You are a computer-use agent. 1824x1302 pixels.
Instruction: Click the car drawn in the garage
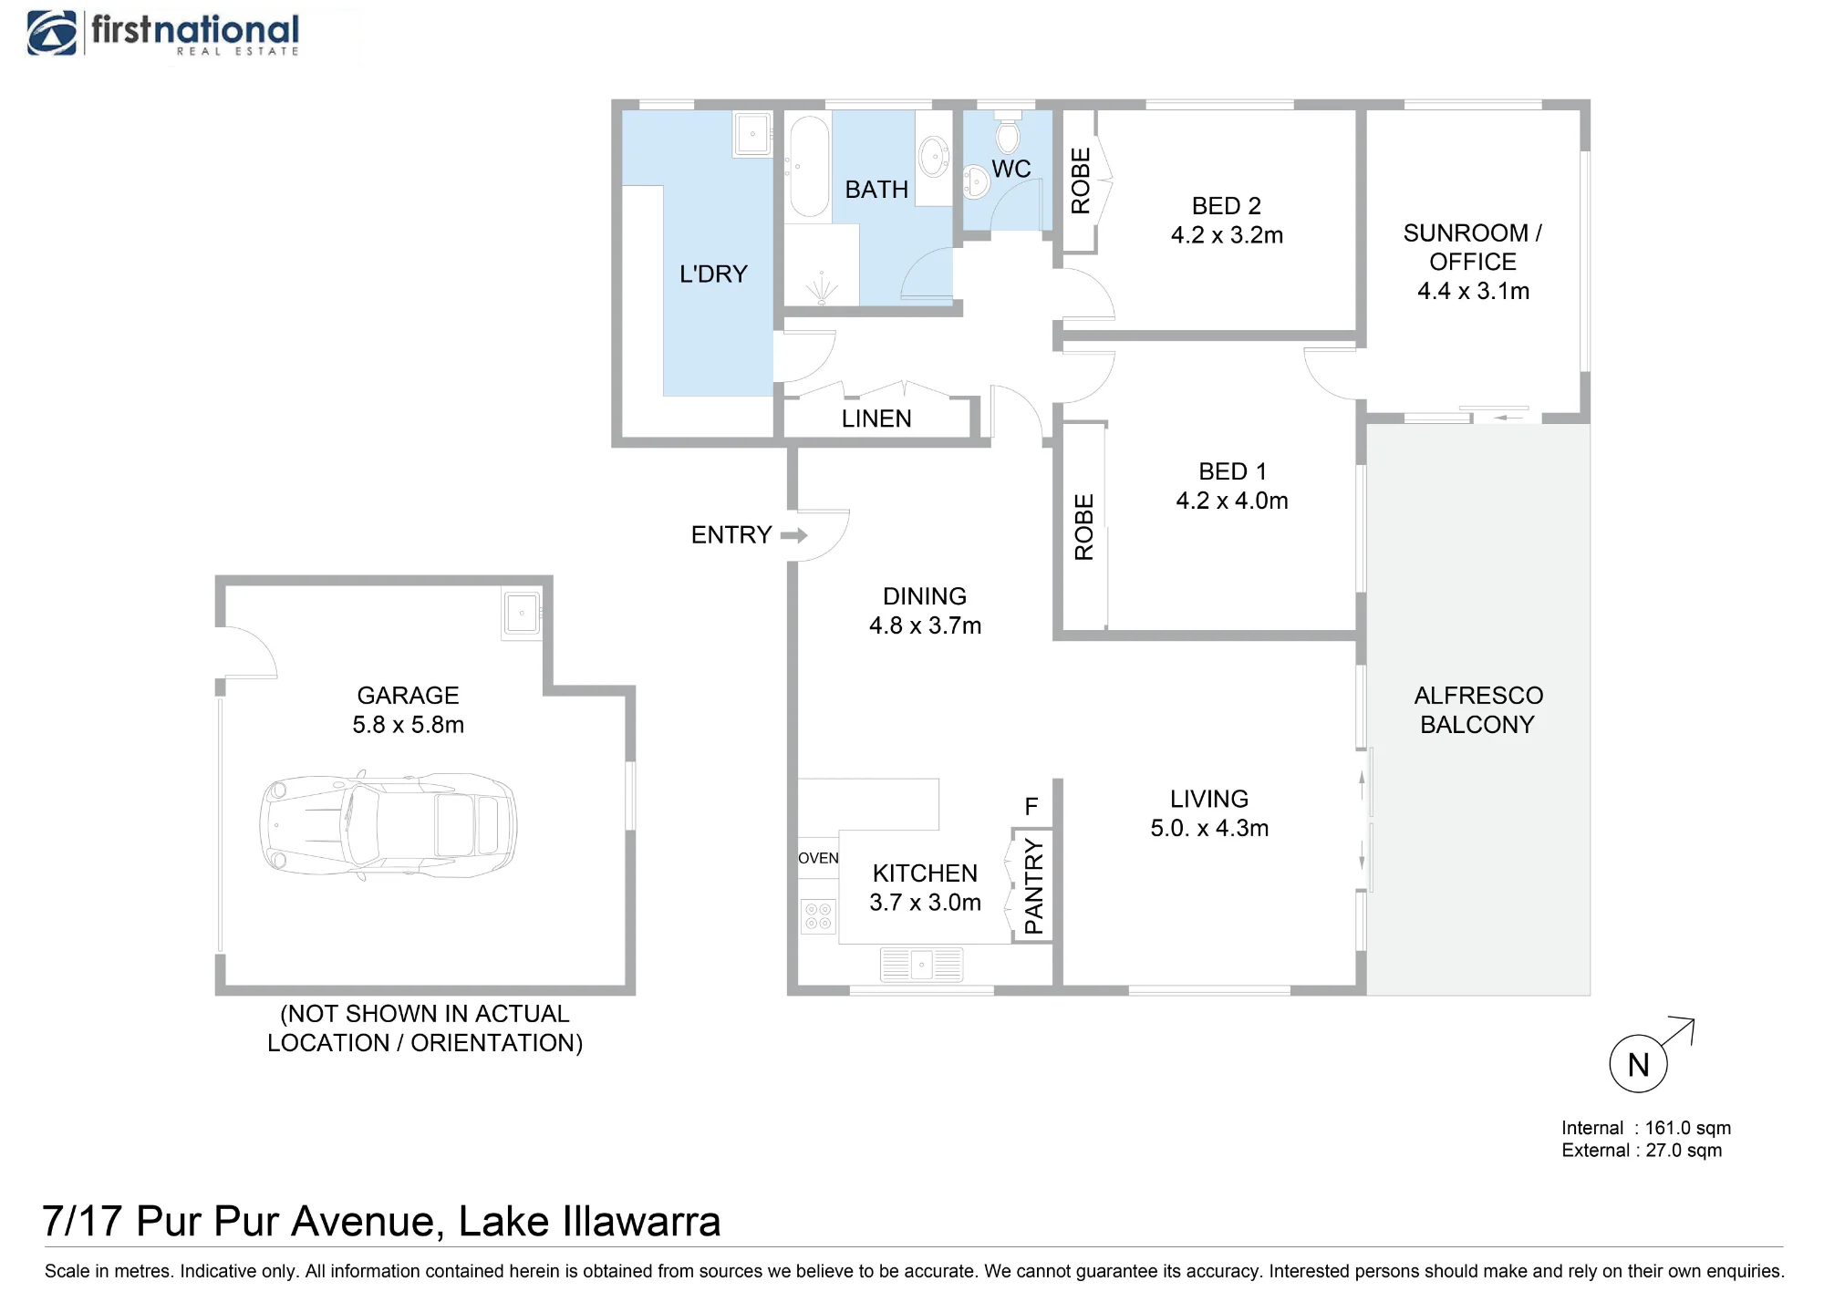[x=389, y=825]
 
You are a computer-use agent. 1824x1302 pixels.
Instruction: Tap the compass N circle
[x=1638, y=1064]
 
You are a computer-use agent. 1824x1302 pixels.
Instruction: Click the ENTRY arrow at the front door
[x=794, y=535]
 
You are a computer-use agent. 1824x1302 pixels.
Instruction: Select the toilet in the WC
[x=1008, y=133]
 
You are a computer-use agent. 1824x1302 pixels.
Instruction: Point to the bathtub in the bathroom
[x=808, y=166]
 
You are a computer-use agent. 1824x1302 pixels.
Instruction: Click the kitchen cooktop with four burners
[x=818, y=916]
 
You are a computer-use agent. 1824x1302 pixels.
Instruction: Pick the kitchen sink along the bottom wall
[x=922, y=964]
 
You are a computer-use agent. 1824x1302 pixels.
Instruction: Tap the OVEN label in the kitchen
[x=818, y=858]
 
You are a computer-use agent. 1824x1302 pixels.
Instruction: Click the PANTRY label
[x=1033, y=886]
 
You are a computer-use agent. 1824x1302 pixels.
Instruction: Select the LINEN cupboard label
[x=876, y=418]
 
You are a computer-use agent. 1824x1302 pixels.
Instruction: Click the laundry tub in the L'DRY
[x=753, y=134]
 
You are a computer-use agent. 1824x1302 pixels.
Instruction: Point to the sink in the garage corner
[x=522, y=613]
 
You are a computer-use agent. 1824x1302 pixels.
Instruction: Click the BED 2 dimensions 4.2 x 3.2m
[x=1227, y=235]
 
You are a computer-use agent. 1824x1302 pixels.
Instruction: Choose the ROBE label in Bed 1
[x=1083, y=527]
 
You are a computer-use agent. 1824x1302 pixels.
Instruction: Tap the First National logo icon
[x=52, y=34]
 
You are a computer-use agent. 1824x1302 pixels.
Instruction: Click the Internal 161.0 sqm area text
[x=1646, y=1128]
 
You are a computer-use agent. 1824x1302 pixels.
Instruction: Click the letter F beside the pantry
[x=1031, y=807]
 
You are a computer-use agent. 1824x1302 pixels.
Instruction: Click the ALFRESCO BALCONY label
[x=1478, y=710]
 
